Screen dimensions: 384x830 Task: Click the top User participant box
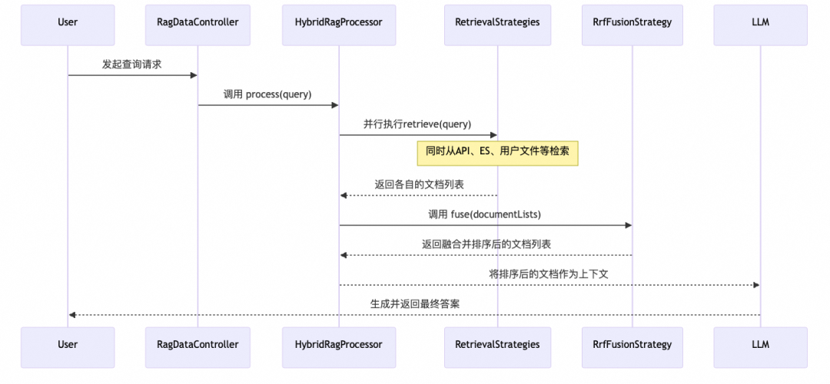pos(68,22)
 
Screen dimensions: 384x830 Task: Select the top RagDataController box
pos(198,22)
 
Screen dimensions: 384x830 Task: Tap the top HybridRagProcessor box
pos(339,22)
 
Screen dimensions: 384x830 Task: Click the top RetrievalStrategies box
pos(497,22)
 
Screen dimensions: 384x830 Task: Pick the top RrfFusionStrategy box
pos(632,22)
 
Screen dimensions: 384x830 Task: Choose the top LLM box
pos(760,22)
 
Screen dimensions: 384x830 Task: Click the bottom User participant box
pos(68,345)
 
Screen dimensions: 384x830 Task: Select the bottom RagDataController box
pos(198,345)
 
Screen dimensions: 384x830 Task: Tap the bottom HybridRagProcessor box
pos(339,345)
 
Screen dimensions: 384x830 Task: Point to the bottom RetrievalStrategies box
pos(497,345)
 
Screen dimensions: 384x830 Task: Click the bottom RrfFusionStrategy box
pos(632,345)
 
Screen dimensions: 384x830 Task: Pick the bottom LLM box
pos(760,345)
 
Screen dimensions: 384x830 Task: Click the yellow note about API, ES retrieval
pos(497,153)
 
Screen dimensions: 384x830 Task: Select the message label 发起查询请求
pos(132,65)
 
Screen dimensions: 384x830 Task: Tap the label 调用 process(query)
pos(268,94)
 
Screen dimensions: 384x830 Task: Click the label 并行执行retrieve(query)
pos(417,124)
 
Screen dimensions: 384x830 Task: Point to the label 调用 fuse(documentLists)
pos(485,214)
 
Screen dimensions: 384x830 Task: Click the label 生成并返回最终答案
pos(414,304)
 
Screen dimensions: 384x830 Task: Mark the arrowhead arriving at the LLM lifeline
pos(756,285)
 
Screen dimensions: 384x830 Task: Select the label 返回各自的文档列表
pos(419,184)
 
